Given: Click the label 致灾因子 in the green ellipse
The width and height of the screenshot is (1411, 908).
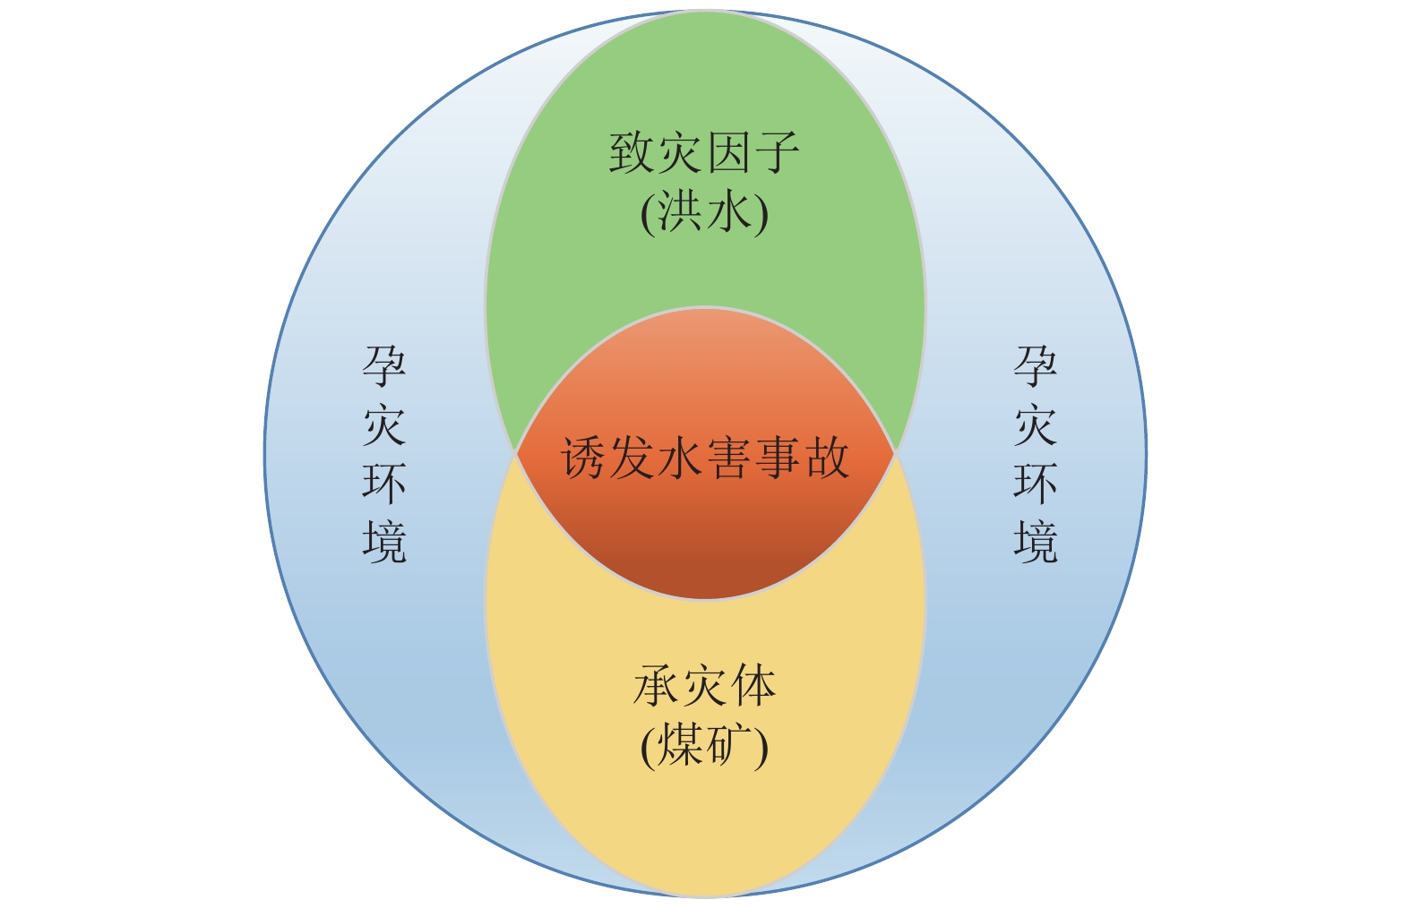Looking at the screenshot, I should (704, 154).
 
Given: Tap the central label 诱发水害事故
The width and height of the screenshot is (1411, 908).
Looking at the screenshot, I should (705, 458).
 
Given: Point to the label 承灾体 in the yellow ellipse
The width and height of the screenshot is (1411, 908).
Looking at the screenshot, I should (705, 687).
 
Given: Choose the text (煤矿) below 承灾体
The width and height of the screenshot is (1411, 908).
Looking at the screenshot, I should (705, 746).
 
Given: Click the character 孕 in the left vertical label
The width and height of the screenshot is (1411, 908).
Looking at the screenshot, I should (384, 367).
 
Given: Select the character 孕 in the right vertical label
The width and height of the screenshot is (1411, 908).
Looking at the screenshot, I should (1036, 367).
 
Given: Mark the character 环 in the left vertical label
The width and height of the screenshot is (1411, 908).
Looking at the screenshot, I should (384, 484).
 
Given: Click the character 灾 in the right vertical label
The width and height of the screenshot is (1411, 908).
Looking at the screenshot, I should (1036, 425).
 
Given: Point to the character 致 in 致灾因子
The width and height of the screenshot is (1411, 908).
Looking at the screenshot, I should (632, 154).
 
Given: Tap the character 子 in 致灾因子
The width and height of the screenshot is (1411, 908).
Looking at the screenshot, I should (776, 154).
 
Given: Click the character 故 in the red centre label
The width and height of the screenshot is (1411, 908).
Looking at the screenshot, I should (826, 458).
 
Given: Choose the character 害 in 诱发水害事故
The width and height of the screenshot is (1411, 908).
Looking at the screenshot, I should (729, 458).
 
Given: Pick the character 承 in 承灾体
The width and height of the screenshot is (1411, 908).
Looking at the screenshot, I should (657, 687).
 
